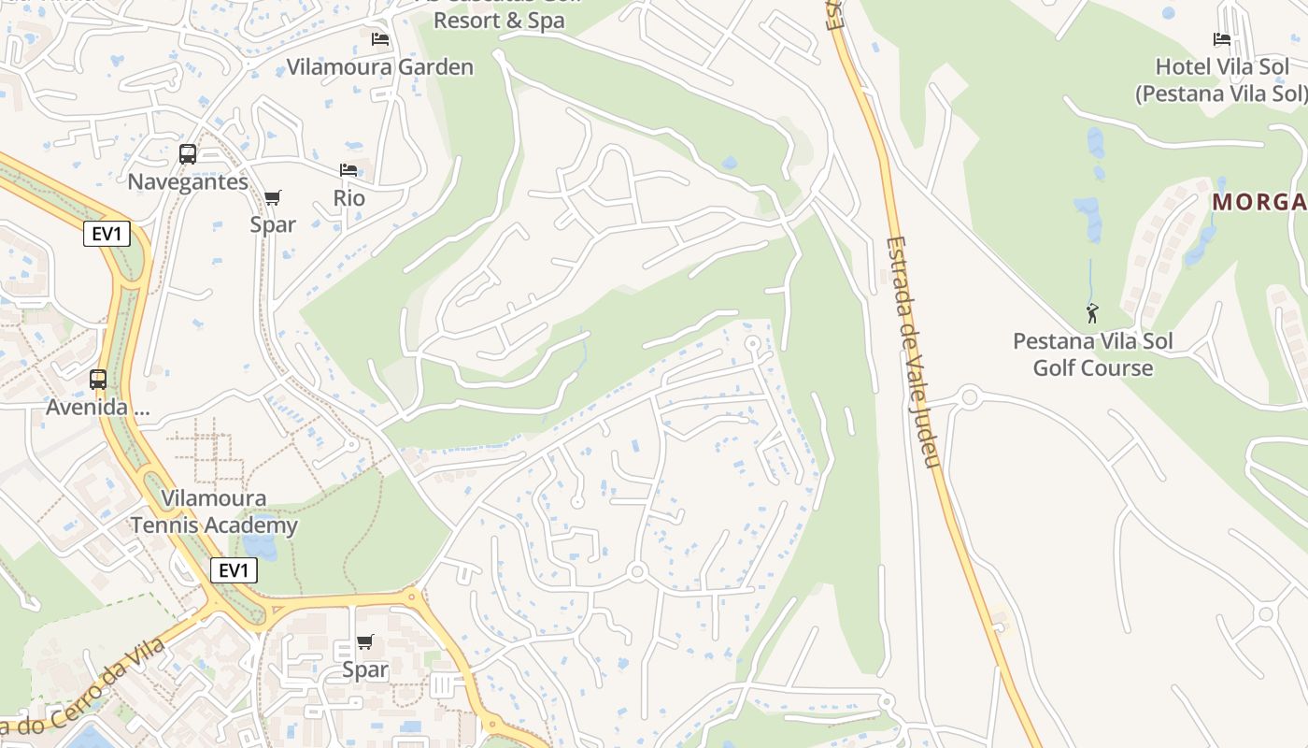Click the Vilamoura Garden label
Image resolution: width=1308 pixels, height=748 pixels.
point(380,67)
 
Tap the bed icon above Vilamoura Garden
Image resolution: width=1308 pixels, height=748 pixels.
point(380,39)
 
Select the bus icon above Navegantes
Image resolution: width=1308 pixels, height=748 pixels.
point(188,154)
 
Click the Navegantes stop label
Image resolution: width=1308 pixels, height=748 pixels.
point(188,181)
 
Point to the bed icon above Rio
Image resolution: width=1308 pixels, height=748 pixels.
point(348,170)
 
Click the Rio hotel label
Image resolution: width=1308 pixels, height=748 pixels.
point(349,198)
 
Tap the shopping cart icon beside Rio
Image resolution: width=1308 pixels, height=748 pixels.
point(272,197)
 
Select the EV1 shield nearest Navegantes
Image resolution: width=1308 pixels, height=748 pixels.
point(107,234)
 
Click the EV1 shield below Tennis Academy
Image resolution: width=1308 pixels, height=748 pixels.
point(234,570)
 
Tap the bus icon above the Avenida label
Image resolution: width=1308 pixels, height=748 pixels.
point(98,380)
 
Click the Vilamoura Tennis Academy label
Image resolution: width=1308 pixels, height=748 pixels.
point(214,511)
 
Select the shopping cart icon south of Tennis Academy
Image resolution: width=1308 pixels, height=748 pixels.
point(365,641)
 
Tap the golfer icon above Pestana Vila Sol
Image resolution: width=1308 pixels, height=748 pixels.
point(1092,313)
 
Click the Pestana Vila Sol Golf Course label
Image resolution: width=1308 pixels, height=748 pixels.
point(1093,354)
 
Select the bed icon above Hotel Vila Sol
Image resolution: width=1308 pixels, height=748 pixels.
point(1221,39)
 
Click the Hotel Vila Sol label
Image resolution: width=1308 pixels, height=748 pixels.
point(1221,80)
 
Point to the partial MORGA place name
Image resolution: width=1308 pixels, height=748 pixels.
point(1259,202)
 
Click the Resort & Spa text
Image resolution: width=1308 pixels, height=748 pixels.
point(500,21)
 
